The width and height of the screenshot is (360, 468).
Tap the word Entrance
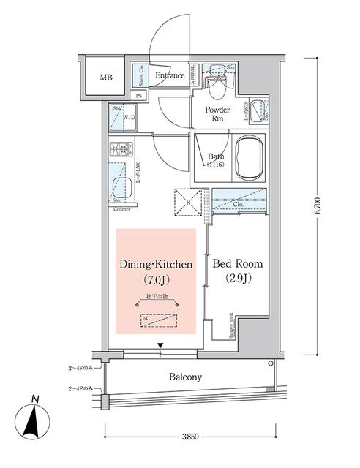click(169, 75)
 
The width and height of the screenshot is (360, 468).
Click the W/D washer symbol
click(127, 117)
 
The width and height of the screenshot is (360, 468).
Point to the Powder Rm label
click(217, 114)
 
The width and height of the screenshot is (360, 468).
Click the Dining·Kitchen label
click(156, 264)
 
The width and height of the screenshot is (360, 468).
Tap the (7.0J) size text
click(156, 281)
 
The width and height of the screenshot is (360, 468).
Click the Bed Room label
click(237, 263)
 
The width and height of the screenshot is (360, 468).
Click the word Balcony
click(186, 377)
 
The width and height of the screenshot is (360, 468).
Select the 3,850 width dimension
click(191, 437)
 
